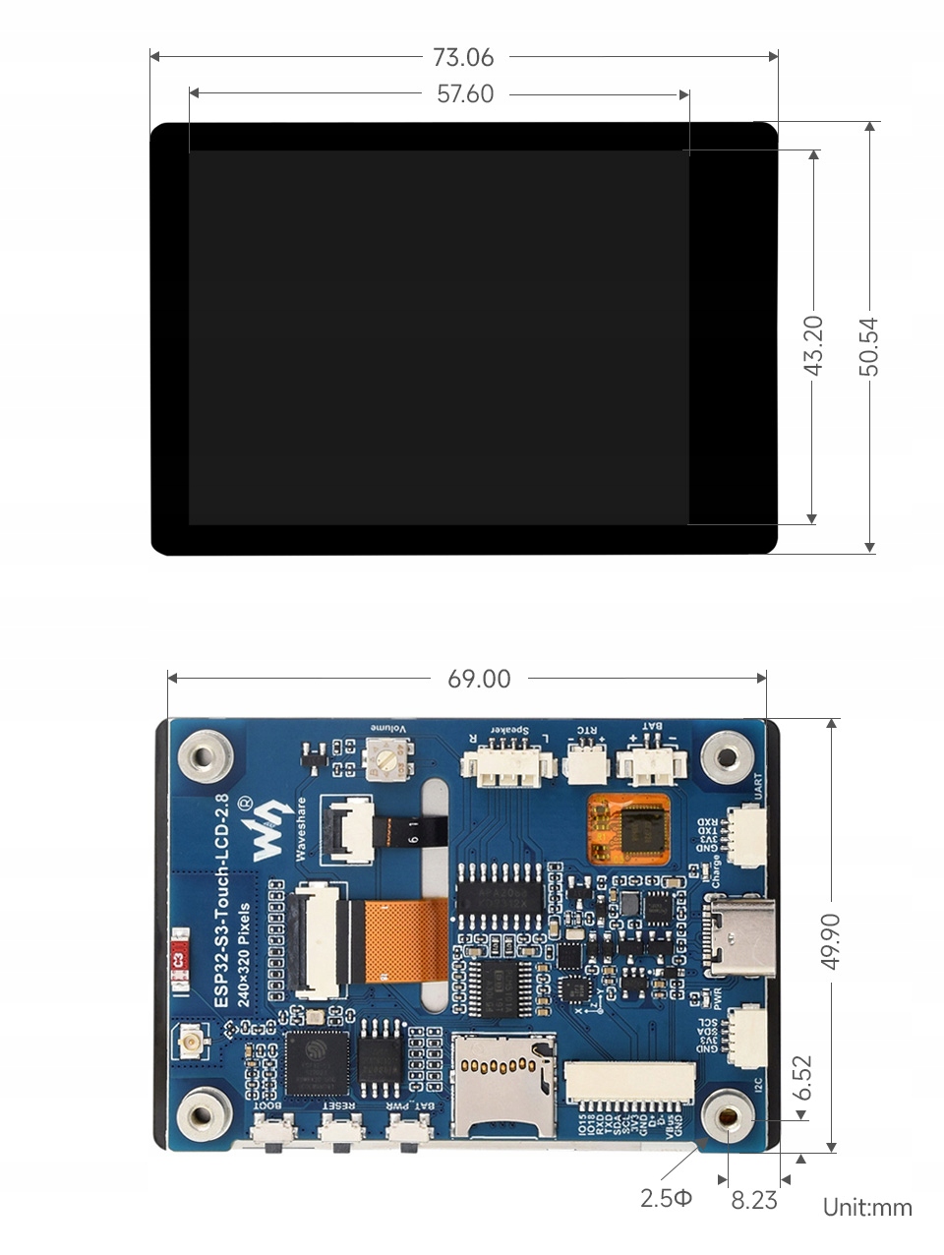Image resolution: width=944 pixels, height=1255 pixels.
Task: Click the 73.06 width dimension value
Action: (x=463, y=58)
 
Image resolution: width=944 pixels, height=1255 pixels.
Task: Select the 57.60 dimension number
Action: (x=465, y=94)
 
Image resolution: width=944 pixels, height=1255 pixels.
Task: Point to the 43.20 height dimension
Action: (x=813, y=345)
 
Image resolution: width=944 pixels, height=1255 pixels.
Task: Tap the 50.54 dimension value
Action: (x=869, y=345)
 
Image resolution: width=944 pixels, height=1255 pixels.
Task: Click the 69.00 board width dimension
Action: (x=479, y=680)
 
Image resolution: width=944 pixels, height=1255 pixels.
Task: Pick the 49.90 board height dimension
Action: (x=831, y=940)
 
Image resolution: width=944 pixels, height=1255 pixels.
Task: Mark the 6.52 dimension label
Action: (x=803, y=1078)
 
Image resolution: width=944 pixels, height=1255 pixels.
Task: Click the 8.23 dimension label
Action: (x=754, y=1200)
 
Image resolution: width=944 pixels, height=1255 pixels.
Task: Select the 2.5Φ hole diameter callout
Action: (x=666, y=1199)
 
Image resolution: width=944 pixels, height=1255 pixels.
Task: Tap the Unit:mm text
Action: (x=867, y=1208)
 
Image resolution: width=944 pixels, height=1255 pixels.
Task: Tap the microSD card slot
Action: (x=502, y=1082)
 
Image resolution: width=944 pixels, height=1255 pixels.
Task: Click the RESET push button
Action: (x=340, y=1133)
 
